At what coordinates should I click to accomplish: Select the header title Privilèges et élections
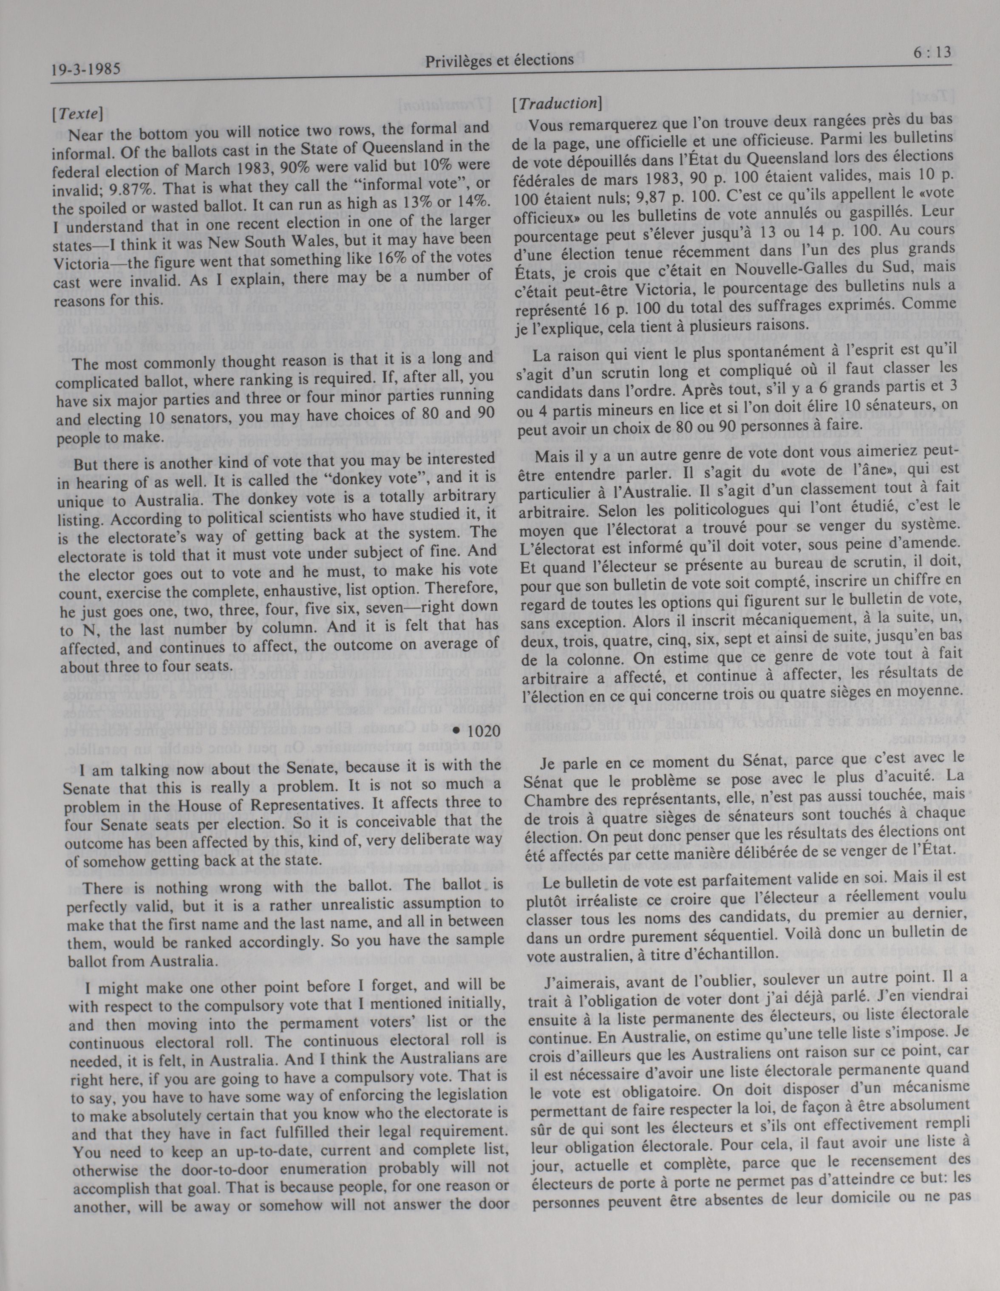499,59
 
